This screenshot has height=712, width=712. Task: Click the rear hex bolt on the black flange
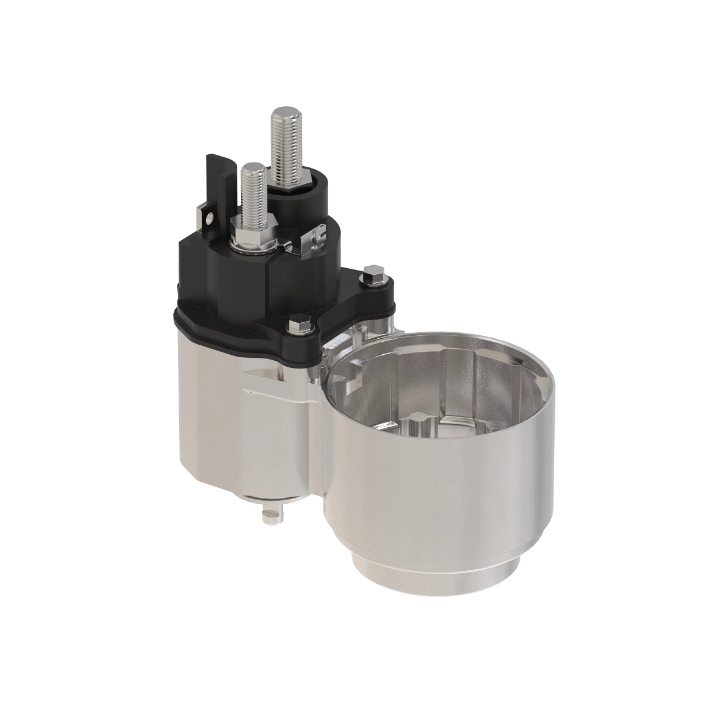click(373, 273)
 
